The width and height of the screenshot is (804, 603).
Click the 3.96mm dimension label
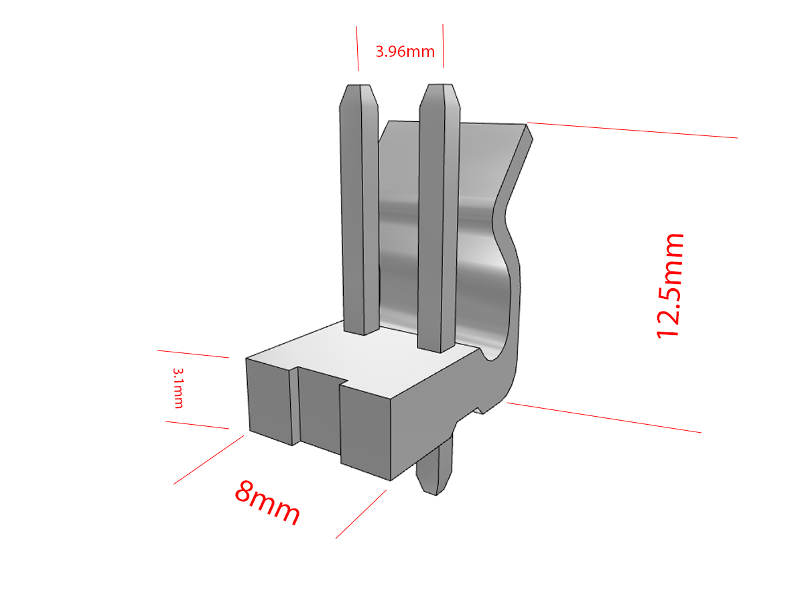(405, 52)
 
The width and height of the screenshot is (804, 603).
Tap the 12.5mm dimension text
(669, 286)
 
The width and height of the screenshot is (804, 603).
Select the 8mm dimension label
(267, 503)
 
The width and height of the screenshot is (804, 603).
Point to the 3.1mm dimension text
(178, 388)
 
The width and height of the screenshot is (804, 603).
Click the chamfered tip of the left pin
(358, 96)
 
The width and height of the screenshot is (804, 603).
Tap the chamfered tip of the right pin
(440, 96)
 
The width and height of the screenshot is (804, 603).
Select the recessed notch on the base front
(318, 410)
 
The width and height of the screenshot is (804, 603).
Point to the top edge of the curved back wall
(457, 123)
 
